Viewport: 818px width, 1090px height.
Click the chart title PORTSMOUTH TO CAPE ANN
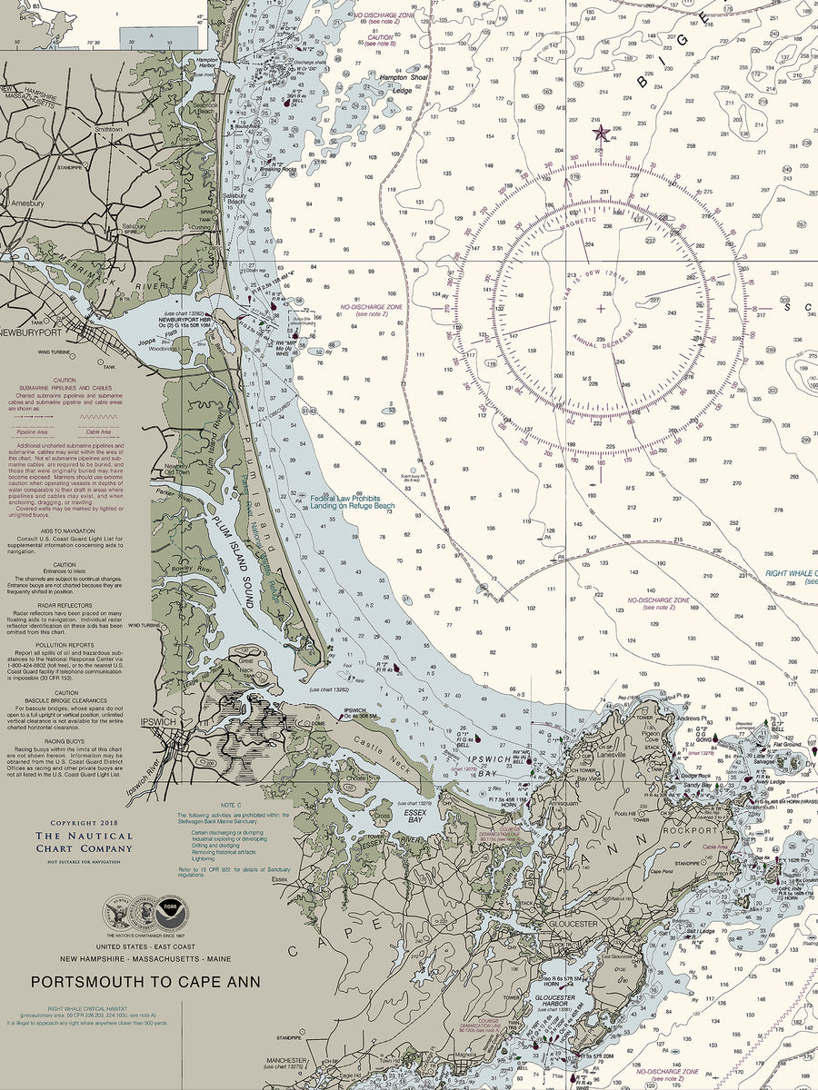coord(145,982)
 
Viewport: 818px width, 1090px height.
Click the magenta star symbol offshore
coord(601,134)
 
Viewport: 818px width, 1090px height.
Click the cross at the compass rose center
coord(601,309)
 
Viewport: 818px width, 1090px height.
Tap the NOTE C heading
coord(231,806)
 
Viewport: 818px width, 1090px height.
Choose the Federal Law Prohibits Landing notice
coord(353,501)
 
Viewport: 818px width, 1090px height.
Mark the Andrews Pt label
coord(693,718)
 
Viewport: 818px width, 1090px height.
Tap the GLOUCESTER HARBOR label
coord(553,999)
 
